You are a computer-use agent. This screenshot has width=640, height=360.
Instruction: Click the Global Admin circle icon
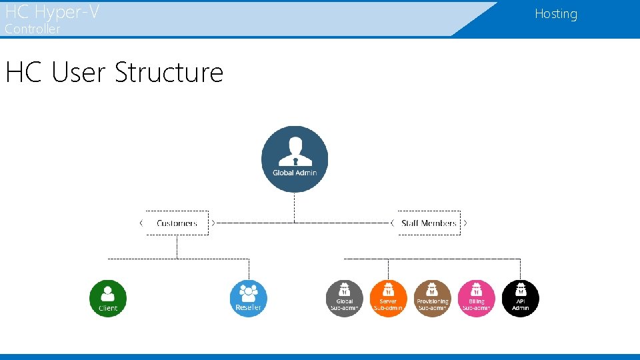coord(295,159)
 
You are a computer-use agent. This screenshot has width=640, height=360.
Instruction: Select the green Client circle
coord(108,298)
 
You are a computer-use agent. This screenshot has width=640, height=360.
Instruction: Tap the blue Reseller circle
coord(249,298)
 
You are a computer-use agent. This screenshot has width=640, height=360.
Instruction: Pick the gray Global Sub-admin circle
coord(345,298)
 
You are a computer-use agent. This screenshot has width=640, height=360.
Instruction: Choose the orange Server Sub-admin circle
coord(388,298)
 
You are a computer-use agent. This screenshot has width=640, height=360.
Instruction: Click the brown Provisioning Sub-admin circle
coord(432,298)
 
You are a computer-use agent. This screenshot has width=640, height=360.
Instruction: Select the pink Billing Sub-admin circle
coord(477,298)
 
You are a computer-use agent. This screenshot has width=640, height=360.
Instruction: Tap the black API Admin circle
coord(520,298)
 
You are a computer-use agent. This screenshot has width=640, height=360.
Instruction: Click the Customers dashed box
coord(177,223)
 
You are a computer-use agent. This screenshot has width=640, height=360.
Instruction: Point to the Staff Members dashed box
coord(429,223)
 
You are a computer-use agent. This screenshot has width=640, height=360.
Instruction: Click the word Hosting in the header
coord(555,14)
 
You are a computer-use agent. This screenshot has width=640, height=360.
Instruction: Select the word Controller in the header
coord(33,29)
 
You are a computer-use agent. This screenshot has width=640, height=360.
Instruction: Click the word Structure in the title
coord(169,72)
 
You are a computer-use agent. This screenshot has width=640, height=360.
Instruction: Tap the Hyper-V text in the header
coord(72,11)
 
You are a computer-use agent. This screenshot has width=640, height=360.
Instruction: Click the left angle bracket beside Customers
coord(141,223)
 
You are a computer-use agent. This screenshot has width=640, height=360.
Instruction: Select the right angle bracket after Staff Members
coord(465,223)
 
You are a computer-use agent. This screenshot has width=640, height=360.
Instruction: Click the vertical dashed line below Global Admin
coord(295,207)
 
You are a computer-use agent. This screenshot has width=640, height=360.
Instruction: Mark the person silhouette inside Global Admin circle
coord(295,152)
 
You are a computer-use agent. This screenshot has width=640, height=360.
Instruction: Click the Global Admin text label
coord(295,173)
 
